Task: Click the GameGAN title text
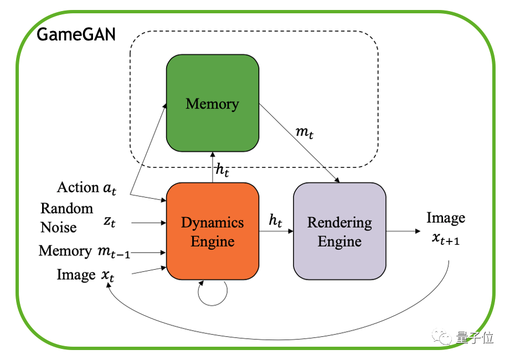point(76,35)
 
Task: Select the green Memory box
point(212,104)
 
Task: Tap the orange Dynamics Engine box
point(213,232)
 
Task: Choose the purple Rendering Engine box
point(339,232)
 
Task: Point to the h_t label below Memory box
point(222,171)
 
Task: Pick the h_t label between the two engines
point(275,220)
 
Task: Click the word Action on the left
point(78,188)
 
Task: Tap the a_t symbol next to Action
point(110,188)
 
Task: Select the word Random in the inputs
point(67,208)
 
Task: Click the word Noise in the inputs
point(59,227)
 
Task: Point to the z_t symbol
point(110,222)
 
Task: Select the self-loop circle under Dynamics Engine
point(213,292)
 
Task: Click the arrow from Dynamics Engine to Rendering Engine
point(276,232)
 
